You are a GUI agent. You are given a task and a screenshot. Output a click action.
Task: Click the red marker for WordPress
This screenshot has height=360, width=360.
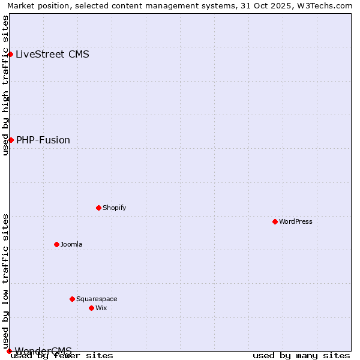275,221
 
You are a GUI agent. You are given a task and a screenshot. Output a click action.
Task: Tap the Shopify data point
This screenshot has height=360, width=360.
98,208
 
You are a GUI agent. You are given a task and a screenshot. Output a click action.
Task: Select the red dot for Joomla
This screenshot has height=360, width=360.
56,244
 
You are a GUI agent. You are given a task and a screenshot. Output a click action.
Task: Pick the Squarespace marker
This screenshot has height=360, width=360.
72,299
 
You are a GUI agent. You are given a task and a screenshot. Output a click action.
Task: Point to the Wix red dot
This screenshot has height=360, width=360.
91,308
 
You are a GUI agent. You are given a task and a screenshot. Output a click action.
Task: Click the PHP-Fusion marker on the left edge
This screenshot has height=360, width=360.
11,140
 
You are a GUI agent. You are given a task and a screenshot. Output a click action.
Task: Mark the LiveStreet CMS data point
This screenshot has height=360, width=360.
10,54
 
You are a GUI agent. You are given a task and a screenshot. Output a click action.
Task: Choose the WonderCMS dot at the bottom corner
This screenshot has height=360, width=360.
9,351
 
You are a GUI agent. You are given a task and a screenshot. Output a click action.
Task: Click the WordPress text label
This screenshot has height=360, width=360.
296,221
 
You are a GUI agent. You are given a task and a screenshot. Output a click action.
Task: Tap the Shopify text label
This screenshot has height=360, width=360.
114,208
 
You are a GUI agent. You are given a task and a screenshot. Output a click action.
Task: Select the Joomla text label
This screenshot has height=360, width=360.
71,244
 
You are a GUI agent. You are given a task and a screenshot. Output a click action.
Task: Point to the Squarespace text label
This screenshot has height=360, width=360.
97,299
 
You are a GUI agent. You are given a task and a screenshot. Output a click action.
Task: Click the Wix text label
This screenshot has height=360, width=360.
101,308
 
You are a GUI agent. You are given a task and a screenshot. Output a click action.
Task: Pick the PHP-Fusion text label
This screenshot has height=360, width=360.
43,140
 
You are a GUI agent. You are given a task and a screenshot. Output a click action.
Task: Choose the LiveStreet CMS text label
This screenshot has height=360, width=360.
52,54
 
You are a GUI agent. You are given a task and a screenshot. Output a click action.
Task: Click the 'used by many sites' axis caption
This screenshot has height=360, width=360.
301,355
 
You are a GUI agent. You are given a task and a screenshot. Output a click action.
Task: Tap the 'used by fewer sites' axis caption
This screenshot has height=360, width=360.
62,355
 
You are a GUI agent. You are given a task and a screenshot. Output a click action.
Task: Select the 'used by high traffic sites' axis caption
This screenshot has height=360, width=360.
5,85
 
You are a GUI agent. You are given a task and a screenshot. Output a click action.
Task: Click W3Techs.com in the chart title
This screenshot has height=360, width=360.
327,5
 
